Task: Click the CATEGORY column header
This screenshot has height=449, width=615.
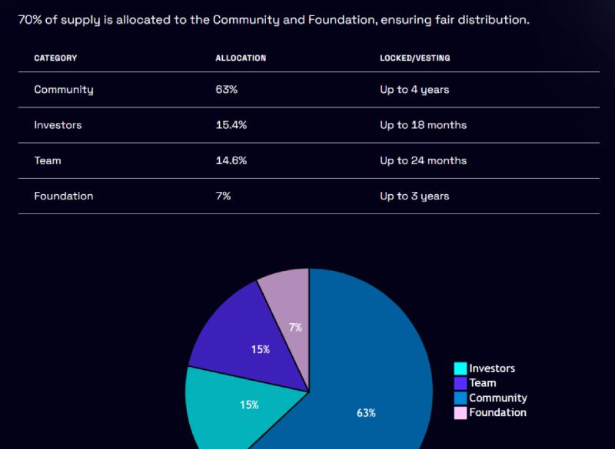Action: tap(55, 58)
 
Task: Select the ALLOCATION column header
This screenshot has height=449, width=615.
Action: tap(241, 58)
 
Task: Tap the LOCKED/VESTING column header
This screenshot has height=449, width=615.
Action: tap(414, 58)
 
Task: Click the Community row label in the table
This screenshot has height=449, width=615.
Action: tap(64, 90)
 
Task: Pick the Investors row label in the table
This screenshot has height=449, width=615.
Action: tap(58, 125)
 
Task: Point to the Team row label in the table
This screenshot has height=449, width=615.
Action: tap(48, 160)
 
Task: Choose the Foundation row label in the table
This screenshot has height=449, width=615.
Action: tap(64, 196)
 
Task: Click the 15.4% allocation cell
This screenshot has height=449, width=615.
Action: tap(231, 125)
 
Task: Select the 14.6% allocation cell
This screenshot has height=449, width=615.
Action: tap(231, 160)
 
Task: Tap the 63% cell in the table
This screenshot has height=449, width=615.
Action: tap(226, 90)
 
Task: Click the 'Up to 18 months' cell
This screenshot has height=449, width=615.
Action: tap(423, 125)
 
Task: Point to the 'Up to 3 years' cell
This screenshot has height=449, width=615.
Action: tap(414, 196)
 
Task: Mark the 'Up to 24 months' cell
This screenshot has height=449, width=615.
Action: tap(423, 160)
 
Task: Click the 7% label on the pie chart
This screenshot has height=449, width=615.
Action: tap(295, 328)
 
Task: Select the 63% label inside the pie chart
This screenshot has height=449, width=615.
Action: tap(366, 413)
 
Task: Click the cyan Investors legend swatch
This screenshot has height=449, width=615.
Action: tap(460, 369)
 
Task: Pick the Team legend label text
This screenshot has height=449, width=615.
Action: tap(483, 383)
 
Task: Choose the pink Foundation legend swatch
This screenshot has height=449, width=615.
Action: tap(460, 413)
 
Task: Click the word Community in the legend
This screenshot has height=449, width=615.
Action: tap(498, 398)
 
